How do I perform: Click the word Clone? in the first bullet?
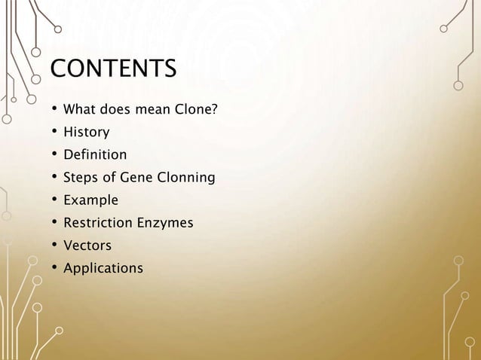(x=196, y=111)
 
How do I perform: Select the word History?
(x=86, y=133)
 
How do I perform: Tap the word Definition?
(x=95, y=156)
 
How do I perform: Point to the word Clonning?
(x=187, y=178)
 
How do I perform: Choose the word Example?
(x=91, y=201)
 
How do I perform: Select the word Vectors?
(x=87, y=246)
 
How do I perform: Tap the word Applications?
(x=103, y=268)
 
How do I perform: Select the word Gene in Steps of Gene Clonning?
(x=139, y=178)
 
